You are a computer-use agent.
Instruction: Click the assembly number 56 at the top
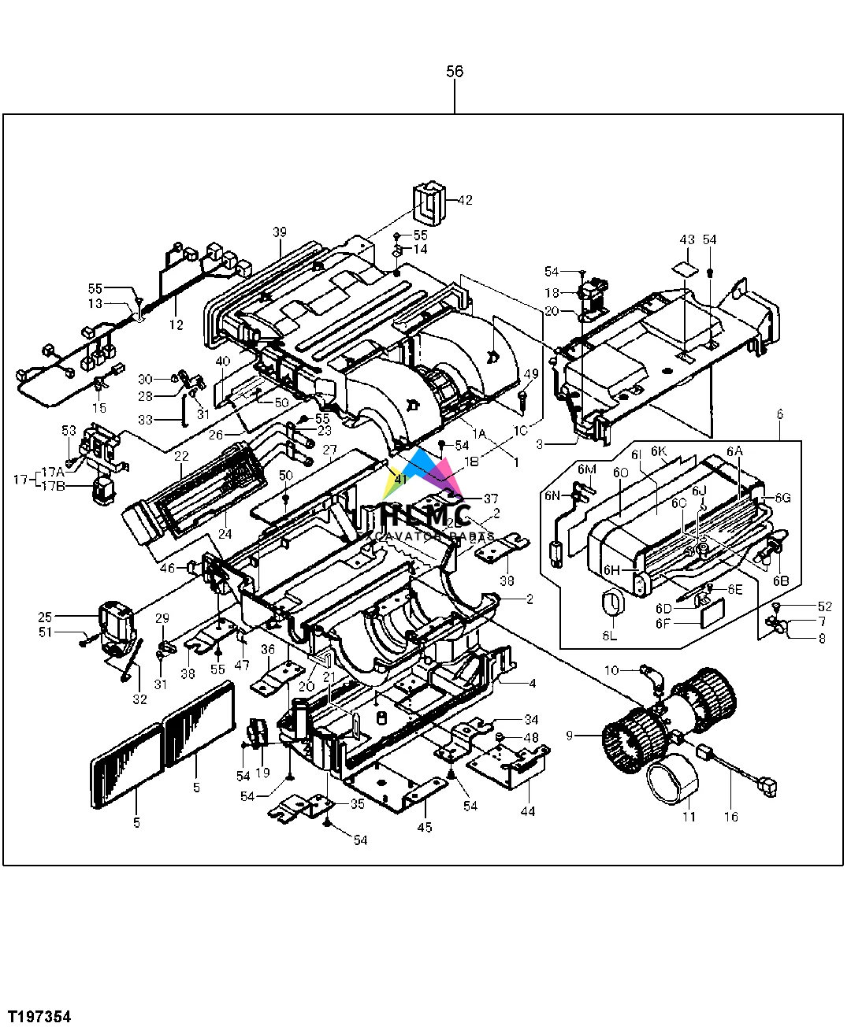coord(455,72)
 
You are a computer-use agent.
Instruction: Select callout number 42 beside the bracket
coord(465,200)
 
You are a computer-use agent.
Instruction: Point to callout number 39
coord(280,232)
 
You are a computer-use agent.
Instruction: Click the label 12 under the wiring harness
coord(176,324)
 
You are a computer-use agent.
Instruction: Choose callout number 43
coord(687,239)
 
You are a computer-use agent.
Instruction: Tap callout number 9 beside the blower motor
coord(569,736)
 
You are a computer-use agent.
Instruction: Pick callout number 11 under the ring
coord(689,817)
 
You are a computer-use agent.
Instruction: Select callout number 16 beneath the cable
coord(731,817)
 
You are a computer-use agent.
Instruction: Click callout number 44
coord(527,810)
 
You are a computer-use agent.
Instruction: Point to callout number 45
coord(425,827)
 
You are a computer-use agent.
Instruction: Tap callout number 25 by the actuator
coord(44,617)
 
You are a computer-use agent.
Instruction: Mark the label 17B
coord(54,486)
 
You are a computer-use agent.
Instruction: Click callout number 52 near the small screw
coord(825,606)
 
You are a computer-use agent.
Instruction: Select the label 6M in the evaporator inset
coord(587,469)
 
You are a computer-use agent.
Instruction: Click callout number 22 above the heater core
coord(181,457)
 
